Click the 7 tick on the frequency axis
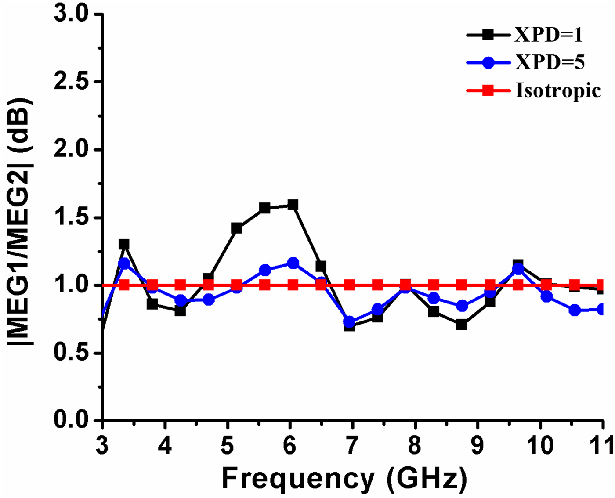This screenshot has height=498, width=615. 352,446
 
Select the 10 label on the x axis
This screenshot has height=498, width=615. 540,446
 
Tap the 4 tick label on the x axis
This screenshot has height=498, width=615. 165,446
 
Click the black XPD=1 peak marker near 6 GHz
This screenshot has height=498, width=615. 293,205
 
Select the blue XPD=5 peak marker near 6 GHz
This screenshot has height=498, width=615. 293,263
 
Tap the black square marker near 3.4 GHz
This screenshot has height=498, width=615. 124,244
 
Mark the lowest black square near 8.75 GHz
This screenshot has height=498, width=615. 462,325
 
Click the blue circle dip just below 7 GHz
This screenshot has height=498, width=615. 349,322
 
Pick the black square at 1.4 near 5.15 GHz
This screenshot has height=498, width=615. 237,228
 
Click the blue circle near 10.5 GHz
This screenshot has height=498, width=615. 575,310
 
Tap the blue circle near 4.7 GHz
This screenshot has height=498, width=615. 209,300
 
